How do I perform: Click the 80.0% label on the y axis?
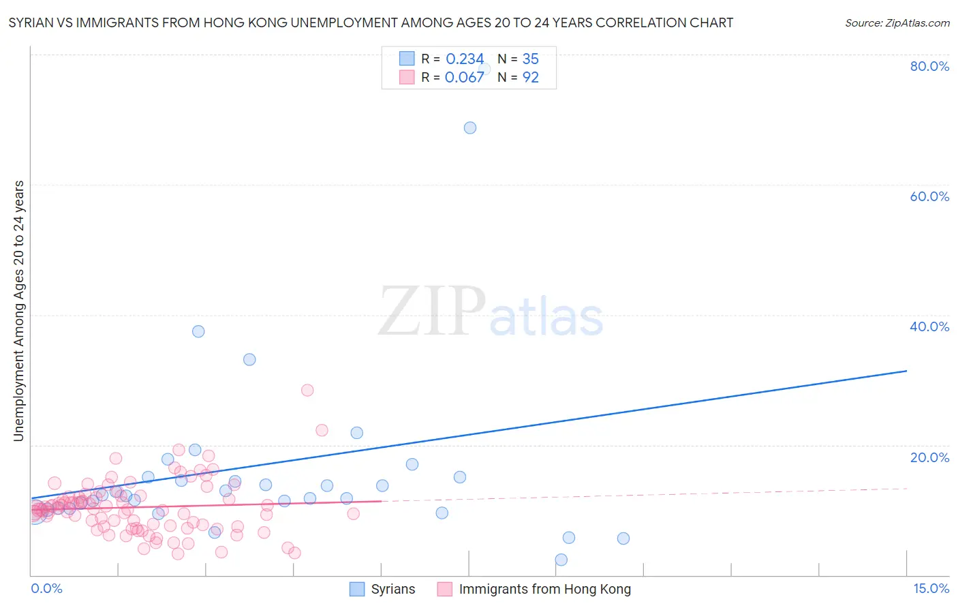(929, 66)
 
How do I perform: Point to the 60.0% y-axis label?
(929, 196)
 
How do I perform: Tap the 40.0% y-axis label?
(929, 326)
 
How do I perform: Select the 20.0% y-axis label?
(929, 457)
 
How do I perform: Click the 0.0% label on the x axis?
(46, 588)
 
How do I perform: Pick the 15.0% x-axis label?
(931, 588)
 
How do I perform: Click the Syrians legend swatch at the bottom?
(357, 589)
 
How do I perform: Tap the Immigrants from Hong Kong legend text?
(545, 589)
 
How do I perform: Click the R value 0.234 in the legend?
(465, 59)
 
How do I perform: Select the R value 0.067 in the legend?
(465, 78)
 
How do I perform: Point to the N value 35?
(530, 59)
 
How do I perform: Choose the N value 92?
(530, 78)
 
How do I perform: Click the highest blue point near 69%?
(470, 127)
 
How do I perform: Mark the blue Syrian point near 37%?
(198, 331)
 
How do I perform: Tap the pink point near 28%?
(307, 390)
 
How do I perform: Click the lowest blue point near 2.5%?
(561, 560)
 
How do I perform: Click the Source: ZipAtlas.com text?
(897, 23)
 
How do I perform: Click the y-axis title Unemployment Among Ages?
(19, 311)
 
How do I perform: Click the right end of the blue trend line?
(906, 371)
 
